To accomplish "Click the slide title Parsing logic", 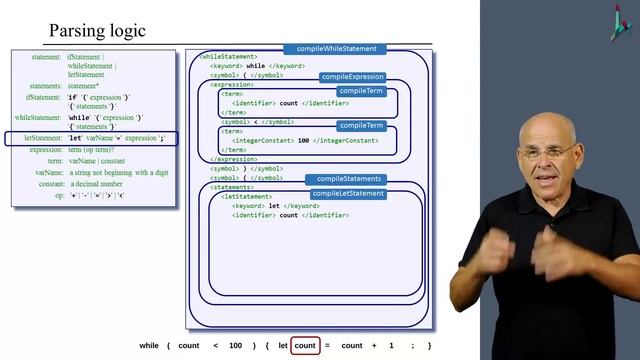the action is (97, 30).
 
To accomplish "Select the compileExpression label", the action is (352, 77).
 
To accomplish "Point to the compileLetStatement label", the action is (348, 193).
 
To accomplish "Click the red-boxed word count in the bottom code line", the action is (305, 345).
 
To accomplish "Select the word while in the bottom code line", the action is (149, 345).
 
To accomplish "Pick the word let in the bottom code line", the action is (283, 345).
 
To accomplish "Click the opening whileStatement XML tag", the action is (229, 57).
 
